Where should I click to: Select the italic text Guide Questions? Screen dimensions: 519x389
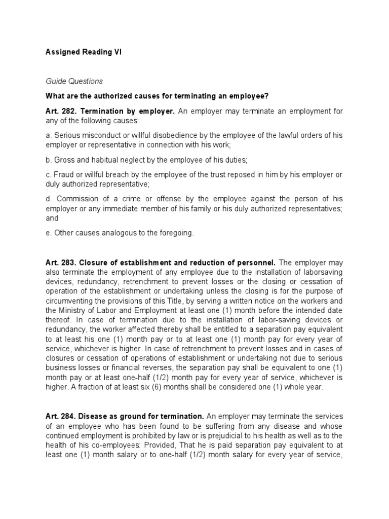[74, 81]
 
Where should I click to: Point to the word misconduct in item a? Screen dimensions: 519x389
[99, 136]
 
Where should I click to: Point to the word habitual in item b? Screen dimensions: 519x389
[103, 160]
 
